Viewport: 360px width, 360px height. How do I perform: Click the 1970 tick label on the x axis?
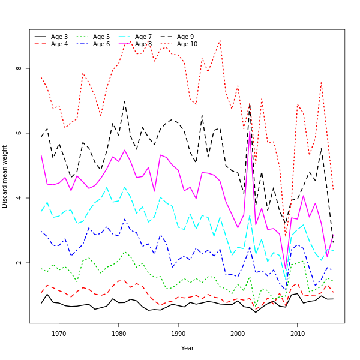59,334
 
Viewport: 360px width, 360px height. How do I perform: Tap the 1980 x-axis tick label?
119,334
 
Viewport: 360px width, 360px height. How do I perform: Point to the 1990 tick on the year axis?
178,334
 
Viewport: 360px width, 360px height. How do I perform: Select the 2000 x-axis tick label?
238,334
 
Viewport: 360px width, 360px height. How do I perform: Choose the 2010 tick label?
297,334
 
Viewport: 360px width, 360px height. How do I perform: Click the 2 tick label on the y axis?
19,263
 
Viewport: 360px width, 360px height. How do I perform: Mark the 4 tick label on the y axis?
19,198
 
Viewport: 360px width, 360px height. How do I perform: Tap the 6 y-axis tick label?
19,133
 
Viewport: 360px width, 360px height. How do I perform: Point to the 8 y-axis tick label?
19,68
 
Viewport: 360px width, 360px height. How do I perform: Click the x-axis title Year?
187,348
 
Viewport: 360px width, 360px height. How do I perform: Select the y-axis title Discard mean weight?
5,176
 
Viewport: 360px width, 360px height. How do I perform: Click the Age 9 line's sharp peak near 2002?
250,104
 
